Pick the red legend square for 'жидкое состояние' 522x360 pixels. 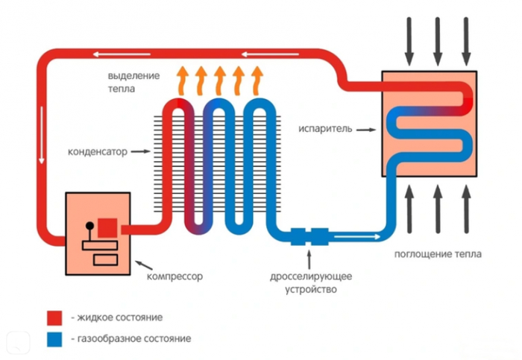coord(54,318)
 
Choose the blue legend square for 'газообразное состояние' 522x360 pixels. coord(54,338)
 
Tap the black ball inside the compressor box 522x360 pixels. coord(90,224)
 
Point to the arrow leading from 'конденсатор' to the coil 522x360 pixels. coord(139,151)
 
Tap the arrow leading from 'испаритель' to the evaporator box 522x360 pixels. coord(364,129)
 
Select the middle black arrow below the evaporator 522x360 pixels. coord(438,209)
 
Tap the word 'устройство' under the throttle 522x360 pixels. coord(311,288)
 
